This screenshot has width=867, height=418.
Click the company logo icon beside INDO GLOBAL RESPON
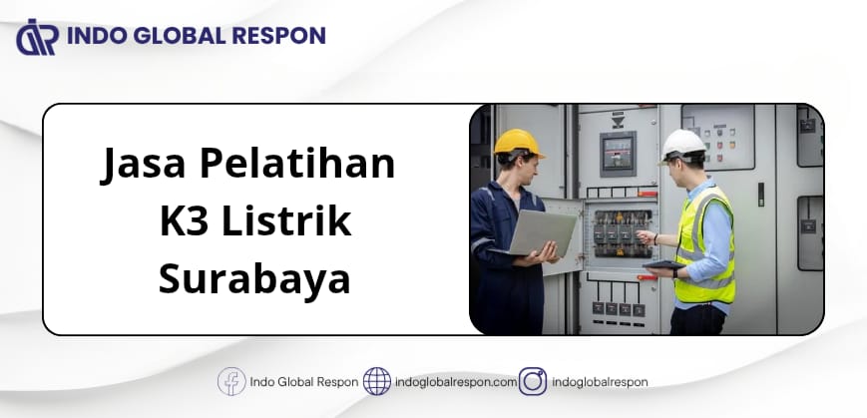(x=37, y=37)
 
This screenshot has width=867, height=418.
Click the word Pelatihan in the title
(x=297, y=164)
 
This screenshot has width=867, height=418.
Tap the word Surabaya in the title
(x=254, y=279)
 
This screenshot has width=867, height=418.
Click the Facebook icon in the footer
(x=231, y=381)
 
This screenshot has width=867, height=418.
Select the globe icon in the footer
(x=377, y=381)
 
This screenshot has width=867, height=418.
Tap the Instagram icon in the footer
(x=533, y=381)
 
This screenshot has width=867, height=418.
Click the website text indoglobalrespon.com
(x=456, y=382)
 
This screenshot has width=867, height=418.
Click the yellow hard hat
(x=518, y=144)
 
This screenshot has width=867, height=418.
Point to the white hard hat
(x=683, y=145)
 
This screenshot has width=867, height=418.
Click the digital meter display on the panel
(x=618, y=154)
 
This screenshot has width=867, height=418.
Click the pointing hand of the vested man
(x=646, y=237)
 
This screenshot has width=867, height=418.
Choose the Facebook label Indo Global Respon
(x=304, y=382)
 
